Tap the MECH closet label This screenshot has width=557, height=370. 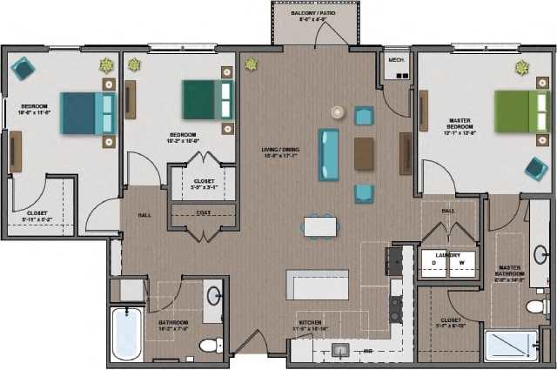coord(395,61)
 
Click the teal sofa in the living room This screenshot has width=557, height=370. coord(329,154)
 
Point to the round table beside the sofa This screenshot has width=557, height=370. coord(338,113)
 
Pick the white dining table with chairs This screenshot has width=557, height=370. coord(321,226)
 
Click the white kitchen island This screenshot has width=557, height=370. coord(318,285)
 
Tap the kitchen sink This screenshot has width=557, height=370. coord(342,350)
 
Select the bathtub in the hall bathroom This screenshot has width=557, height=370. coord(127,333)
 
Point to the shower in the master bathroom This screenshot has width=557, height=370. coord(511,346)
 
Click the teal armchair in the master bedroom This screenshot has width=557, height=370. coord(536,168)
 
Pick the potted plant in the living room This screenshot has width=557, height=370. coord(252,64)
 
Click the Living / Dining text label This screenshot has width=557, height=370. coord(280,151)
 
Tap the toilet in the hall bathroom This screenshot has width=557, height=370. coord(210,345)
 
